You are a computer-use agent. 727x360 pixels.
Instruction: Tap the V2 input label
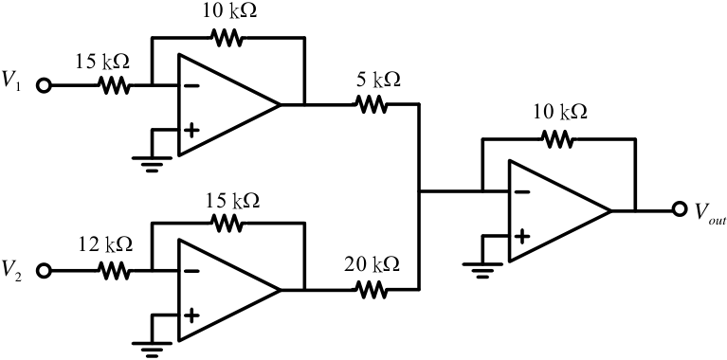pos(12,268)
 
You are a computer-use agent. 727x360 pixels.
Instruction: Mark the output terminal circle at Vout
pos(680,210)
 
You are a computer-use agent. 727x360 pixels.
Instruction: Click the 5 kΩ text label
pos(378,81)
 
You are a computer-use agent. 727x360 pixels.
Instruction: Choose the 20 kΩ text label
pos(372,265)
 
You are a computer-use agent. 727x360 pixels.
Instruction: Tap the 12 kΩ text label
pos(104,243)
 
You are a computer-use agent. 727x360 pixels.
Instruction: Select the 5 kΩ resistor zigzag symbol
pos(371,104)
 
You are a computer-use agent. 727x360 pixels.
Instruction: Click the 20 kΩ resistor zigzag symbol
pos(371,290)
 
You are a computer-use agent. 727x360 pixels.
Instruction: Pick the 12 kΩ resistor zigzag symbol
pos(114,271)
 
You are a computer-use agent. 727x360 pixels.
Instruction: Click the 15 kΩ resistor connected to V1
pos(114,85)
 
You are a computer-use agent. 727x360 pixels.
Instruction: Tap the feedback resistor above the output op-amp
pos(558,139)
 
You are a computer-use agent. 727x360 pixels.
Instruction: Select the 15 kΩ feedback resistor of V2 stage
pos(227,224)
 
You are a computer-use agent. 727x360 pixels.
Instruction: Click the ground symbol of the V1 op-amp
pos(151,164)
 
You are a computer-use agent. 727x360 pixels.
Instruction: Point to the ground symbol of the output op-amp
pos(482,270)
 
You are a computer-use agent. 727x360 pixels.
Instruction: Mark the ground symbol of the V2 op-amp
pos(151,350)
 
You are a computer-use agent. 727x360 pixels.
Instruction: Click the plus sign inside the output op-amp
pos(522,236)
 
